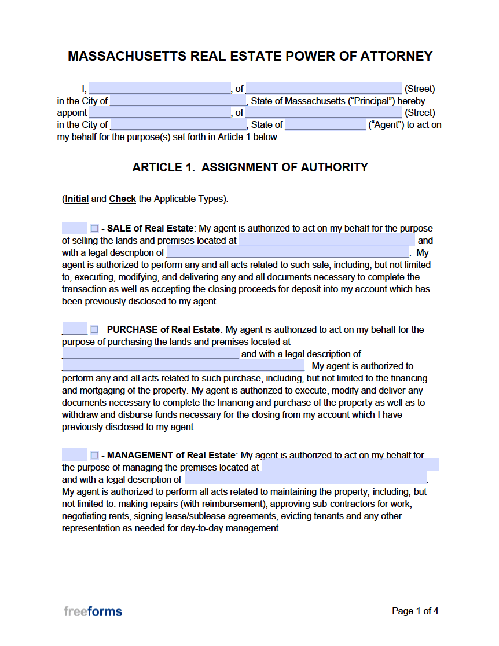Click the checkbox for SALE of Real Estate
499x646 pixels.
94,229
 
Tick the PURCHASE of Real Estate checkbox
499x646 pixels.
94,330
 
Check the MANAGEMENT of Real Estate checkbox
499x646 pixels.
94,456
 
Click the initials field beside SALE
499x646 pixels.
74,228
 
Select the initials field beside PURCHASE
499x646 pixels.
74,329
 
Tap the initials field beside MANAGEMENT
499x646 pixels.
74,455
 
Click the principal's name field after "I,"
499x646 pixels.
160,89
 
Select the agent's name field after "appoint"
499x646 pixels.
160,112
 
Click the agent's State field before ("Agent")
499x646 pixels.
325,124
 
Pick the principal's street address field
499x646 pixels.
324,89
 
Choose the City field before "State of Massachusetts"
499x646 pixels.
178,101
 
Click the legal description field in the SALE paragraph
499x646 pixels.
288,252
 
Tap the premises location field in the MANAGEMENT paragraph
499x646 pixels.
350,467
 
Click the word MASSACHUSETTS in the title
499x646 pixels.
127,56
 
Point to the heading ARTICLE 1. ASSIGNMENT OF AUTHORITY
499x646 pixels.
249,167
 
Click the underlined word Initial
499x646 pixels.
77,199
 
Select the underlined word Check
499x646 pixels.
123,199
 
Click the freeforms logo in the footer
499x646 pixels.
93,611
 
